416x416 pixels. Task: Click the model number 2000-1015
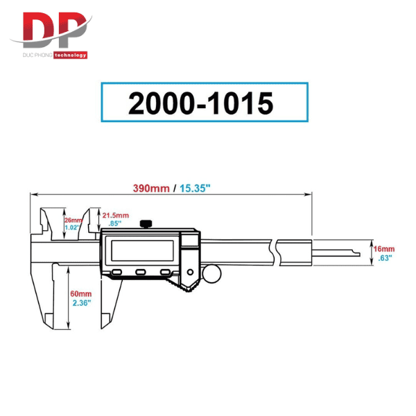[200, 103]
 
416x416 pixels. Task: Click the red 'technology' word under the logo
[70, 55]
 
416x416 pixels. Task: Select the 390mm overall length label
[151, 189]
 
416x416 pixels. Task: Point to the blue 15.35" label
[195, 189]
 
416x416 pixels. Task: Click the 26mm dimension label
[73, 220]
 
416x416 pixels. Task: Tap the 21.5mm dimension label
[116, 216]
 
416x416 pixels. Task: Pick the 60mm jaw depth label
[81, 294]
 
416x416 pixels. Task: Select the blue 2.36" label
[82, 303]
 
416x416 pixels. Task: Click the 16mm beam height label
[384, 249]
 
